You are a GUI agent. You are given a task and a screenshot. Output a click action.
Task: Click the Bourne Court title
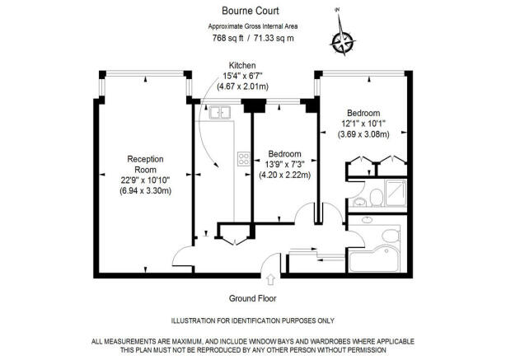tap(250, 11)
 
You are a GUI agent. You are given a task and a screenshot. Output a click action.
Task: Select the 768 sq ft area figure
tap(227, 38)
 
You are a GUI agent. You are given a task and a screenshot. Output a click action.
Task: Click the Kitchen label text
tap(242, 65)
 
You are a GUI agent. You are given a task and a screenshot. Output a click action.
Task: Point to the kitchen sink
tap(219, 112)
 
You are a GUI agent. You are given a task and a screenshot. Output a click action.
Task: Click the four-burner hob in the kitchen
tap(244, 159)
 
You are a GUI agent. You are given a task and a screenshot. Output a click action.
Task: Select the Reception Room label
tap(145, 164)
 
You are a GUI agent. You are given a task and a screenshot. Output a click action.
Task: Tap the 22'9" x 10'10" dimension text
tap(145, 180)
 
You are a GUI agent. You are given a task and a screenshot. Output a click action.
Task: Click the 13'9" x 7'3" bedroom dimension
tap(284, 165)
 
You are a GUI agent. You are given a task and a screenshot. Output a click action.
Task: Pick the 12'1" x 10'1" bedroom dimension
tap(363, 124)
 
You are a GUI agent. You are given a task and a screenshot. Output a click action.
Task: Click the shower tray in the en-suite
tap(396, 193)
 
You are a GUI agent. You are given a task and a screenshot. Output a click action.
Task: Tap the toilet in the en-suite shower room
tap(376, 198)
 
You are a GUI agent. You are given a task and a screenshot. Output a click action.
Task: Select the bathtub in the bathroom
tap(375, 259)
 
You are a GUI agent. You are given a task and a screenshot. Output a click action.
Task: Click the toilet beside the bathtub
tap(391, 236)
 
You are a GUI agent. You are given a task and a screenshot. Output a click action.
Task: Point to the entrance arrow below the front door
tap(270, 279)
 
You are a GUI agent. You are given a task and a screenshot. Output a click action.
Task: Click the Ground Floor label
tap(253, 299)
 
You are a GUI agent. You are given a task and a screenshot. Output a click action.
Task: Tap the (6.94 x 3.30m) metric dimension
tap(145, 190)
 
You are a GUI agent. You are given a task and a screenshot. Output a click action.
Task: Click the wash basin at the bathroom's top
tap(367, 220)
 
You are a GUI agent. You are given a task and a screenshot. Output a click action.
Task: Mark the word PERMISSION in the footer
tap(368, 350)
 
